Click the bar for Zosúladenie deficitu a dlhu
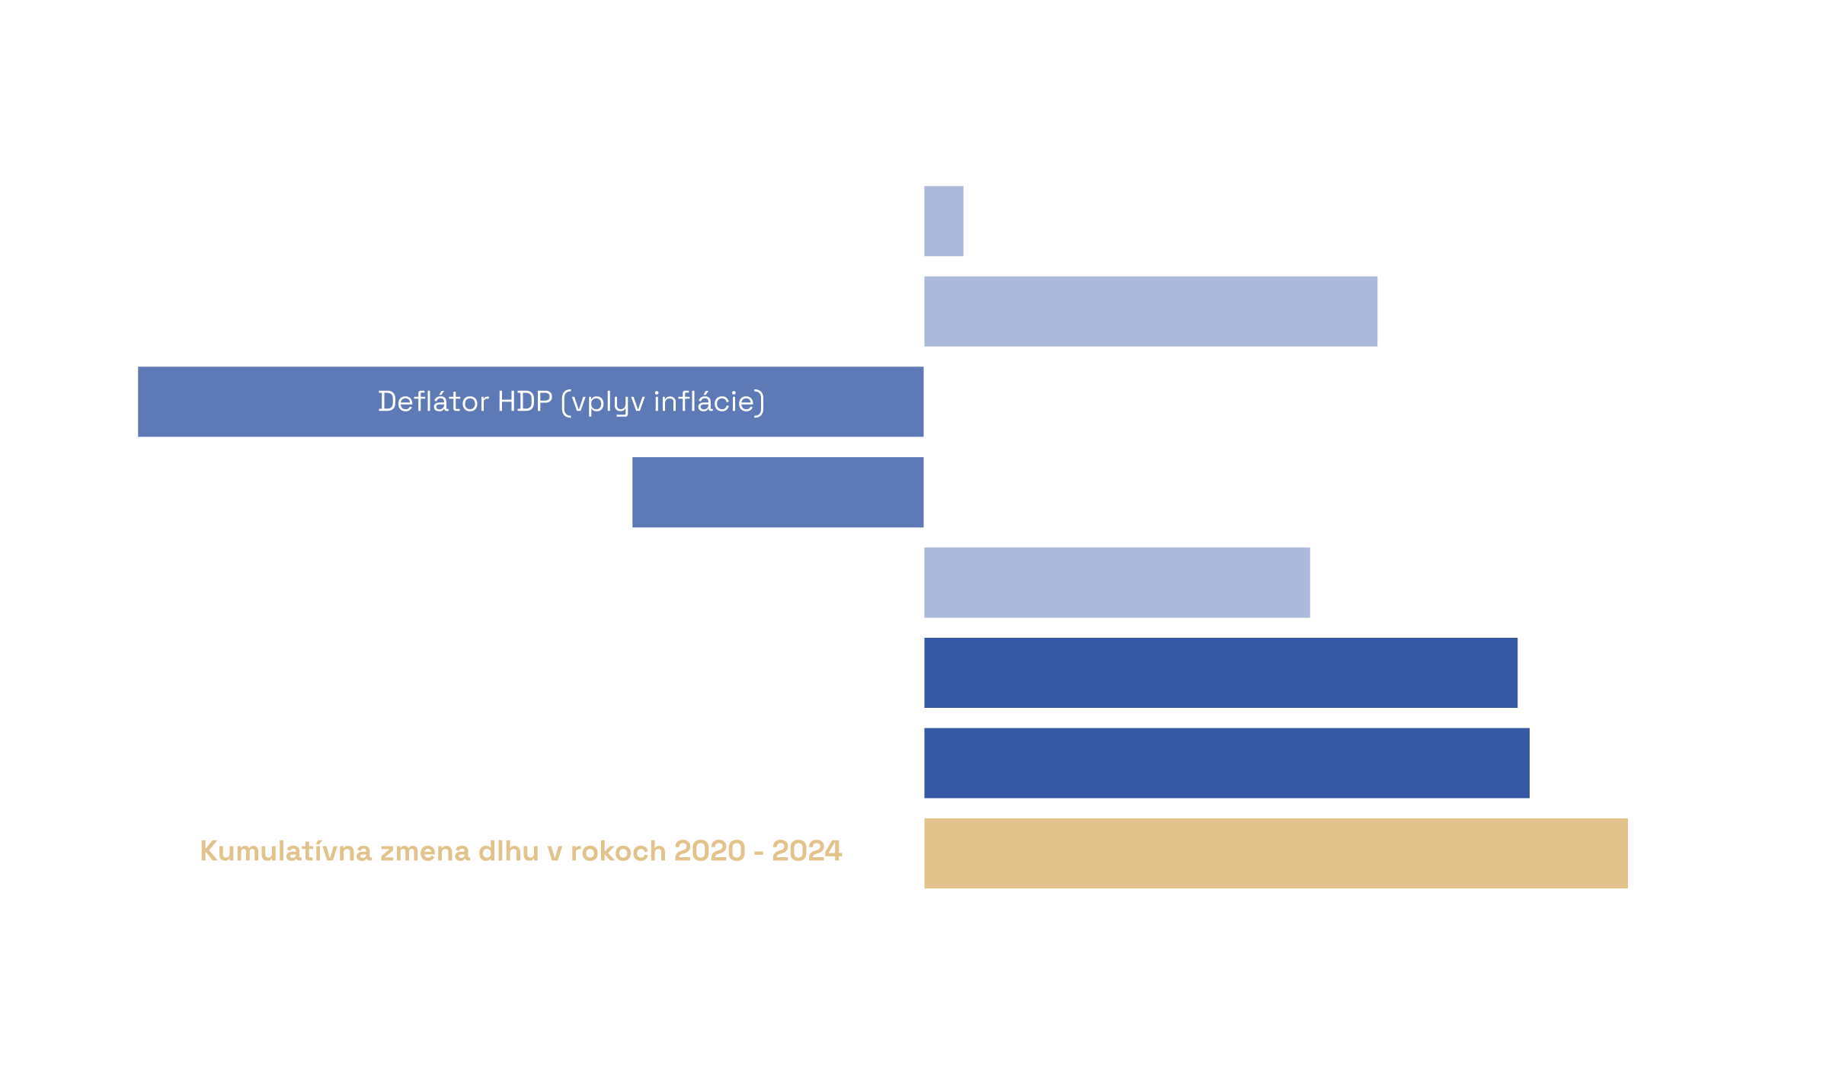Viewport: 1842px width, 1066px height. (944, 221)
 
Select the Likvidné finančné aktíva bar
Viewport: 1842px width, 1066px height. (1150, 311)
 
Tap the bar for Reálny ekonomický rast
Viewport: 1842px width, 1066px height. (777, 492)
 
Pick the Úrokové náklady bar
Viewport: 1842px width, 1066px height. (1117, 582)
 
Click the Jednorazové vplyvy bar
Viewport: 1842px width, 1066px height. (1220, 673)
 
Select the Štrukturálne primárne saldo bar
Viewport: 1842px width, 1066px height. (1226, 763)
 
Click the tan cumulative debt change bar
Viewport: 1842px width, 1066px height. (1275, 853)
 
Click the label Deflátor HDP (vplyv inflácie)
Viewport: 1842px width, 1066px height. (571, 402)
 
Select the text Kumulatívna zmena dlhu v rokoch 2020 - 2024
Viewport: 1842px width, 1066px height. (521, 851)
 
